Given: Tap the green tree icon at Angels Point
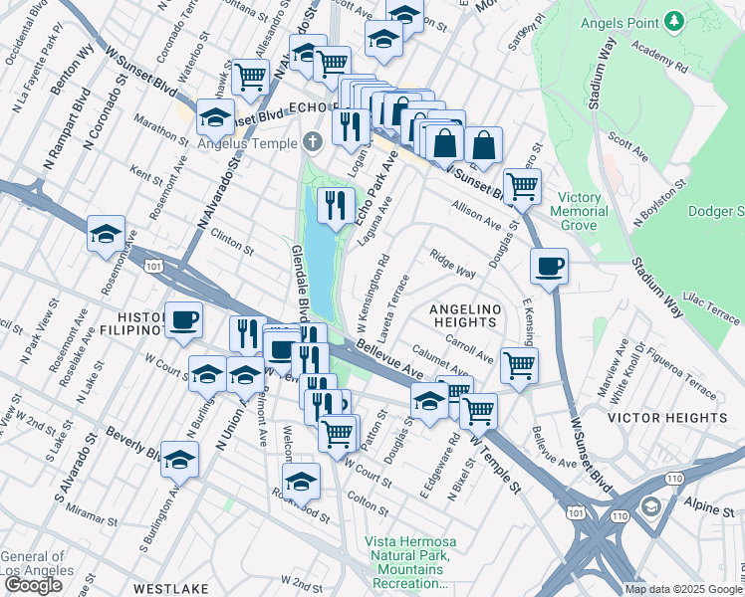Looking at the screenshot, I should point(674,20).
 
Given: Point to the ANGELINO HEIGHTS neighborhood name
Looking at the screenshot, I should point(475,309).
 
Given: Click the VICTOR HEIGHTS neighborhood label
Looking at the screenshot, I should point(666,417).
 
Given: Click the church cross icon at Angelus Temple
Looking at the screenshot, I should point(314,142).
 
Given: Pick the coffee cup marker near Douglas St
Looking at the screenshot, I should point(548,265).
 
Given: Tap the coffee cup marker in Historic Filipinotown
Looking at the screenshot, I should point(183,318).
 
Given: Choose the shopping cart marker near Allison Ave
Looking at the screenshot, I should point(522,185).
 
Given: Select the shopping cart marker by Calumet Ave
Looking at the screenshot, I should point(519,364).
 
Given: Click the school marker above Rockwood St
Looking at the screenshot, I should point(300,481).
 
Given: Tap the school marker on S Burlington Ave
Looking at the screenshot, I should point(179,459).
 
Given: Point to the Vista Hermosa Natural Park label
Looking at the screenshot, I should point(409,562).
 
